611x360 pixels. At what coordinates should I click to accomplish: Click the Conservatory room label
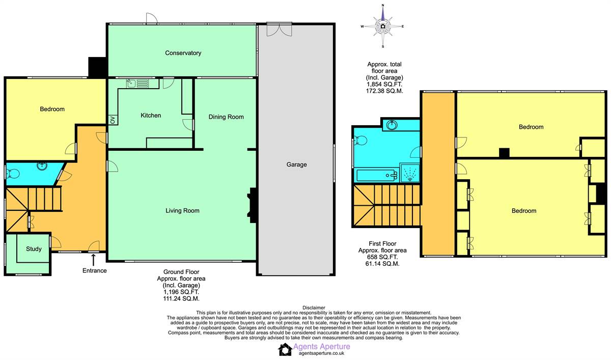click(x=183, y=53)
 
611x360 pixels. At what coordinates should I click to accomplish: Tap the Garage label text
click(x=296, y=164)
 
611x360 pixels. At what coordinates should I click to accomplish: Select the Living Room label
click(x=182, y=210)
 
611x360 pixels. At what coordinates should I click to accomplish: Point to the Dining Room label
click(x=226, y=117)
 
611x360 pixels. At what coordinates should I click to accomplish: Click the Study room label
click(x=34, y=248)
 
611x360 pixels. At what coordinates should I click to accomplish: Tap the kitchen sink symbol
click(x=138, y=84)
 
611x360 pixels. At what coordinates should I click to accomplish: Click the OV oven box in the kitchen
click(x=113, y=120)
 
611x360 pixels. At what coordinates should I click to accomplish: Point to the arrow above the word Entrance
click(x=93, y=260)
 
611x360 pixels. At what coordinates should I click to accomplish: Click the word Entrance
click(x=94, y=270)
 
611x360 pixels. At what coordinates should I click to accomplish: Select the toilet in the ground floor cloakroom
click(x=13, y=174)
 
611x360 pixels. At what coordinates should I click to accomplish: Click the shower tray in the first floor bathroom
click(x=409, y=173)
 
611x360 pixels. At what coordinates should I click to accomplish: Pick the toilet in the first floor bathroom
click(x=360, y=141)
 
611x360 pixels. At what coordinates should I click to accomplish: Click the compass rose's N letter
click(x=383, y=5)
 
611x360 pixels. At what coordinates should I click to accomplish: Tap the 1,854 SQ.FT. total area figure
click(x=384, y=85)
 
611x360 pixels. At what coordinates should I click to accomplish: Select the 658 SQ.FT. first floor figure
click(x=382, y=257)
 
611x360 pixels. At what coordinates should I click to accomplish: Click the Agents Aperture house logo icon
click(x=285, y=349)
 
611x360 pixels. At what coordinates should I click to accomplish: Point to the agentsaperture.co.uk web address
click(x=322, y=353)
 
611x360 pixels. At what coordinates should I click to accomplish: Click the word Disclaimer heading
click(x=314, y=308)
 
